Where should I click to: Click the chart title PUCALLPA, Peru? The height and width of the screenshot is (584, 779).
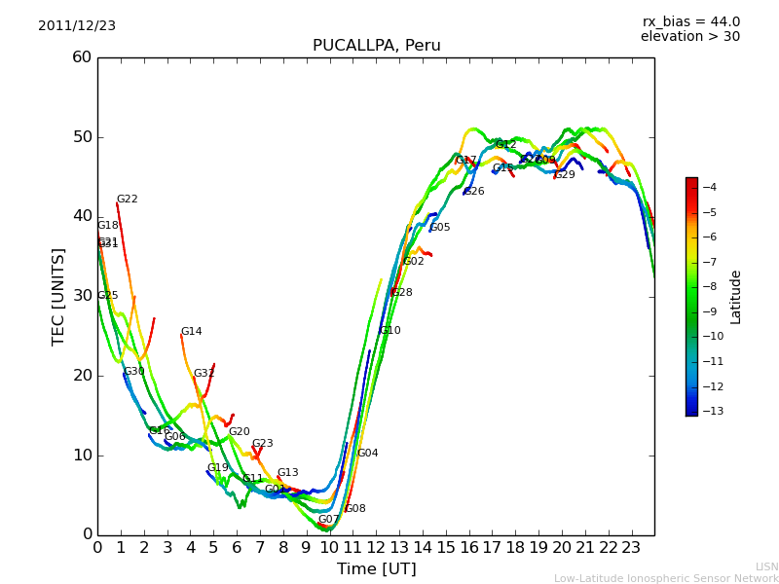click(376, 46)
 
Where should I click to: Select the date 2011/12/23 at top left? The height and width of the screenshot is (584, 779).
click(77, 26)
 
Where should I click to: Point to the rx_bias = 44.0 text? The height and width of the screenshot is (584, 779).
click(690, 22)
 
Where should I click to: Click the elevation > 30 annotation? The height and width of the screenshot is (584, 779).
click(689, 37)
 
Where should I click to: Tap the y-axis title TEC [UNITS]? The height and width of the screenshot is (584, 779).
click(58, 296)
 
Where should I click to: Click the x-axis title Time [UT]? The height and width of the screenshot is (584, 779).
click(376, 569)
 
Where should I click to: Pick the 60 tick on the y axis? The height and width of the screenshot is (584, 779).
click(82, 57)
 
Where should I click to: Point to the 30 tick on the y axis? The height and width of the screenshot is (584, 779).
click(82, 296)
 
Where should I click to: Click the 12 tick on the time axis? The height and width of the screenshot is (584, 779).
click(376, 547)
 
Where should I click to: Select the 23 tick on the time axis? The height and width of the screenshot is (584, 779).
click(631, 547)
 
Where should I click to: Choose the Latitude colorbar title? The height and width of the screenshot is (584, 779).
click(736, 297)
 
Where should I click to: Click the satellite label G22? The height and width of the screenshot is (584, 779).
click(128, 200)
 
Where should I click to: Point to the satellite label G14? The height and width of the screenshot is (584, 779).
click(192, 332)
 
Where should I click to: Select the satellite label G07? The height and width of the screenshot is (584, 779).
click(328, 520)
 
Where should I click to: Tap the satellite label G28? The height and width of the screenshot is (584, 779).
click(402, 293)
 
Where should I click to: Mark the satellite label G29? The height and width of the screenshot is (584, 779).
click(565, 175)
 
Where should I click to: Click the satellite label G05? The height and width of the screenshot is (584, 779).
click(440, 228)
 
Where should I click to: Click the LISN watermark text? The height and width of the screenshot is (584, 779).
click(766, 566)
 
